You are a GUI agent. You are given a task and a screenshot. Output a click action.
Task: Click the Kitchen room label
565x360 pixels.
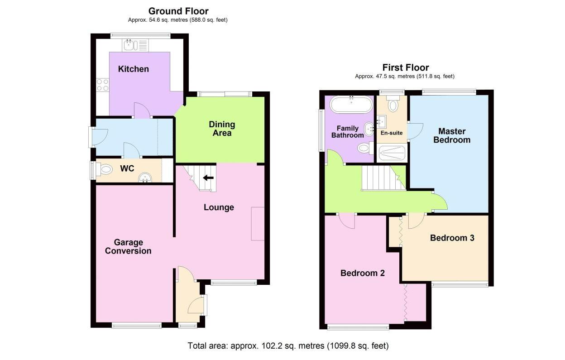(x=134, y=69)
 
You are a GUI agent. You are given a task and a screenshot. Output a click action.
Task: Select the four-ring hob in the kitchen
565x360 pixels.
(x=103, y=85)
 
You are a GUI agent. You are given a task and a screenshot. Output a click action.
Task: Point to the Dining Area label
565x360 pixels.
(x=222, y=129)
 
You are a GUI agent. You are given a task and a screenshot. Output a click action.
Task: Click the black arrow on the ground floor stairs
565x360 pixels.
(x=208, y=178)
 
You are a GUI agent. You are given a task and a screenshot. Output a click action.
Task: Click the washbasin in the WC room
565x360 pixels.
(x=145, y=177)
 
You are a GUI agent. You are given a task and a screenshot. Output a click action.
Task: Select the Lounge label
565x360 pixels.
(x=219, y=207)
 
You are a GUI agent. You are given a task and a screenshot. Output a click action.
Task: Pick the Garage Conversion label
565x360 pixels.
(x=128, y=246)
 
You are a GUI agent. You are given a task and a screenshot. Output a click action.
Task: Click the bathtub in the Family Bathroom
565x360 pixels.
(x=351, y=105)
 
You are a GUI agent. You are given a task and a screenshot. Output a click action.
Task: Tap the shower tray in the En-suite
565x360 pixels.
(x=392, y=153)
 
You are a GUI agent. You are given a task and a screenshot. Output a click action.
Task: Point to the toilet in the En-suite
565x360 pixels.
(x=393, y=104)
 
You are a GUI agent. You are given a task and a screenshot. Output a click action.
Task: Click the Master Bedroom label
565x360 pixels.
(x=452, y=135)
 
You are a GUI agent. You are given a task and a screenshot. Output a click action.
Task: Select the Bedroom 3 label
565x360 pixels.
(x=452, y=238)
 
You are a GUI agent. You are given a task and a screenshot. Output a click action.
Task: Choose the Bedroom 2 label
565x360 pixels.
(x=363, y=273)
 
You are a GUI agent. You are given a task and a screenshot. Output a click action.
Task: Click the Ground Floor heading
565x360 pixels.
(x=178, y=11)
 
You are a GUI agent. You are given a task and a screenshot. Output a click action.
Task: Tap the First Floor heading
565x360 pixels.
(x=406, y=67)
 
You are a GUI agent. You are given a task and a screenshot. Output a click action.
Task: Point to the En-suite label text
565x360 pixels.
(x=392, y=133)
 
